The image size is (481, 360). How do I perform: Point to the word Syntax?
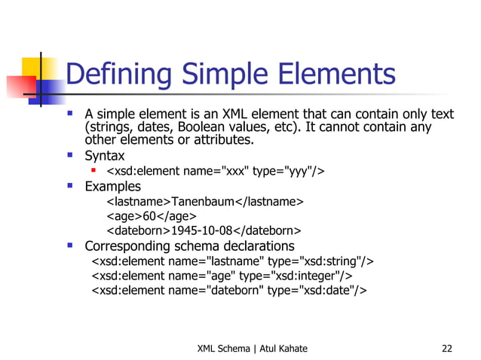(x=105, y=157)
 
